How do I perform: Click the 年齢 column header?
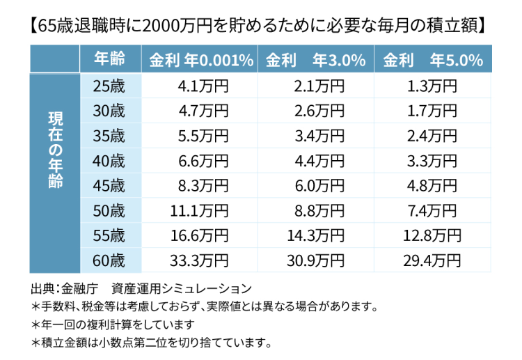click(x=109, y=60)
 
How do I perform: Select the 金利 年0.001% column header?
click(x=200, y=60)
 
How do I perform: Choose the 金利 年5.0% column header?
click(x=432, y=60)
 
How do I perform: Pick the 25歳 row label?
click(x=109, y=86)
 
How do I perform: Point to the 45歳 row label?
click(x=109, y=185)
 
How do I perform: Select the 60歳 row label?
click(x=109, y=260)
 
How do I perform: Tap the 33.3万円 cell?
click(x=199, y=260)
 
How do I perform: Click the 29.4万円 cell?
click(x=432, y=260)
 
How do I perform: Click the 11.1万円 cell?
click(x=199, y=210)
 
